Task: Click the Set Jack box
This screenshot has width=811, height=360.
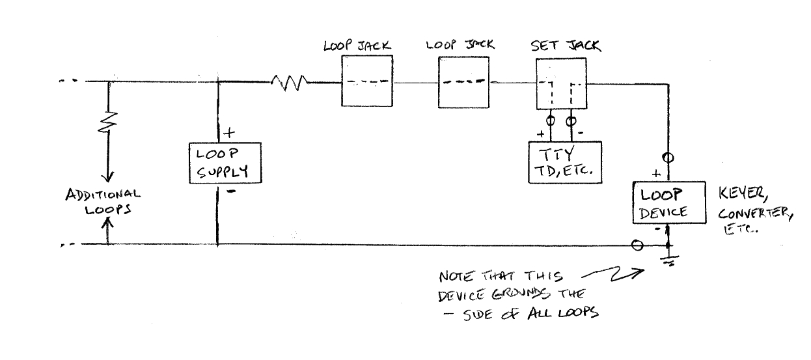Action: pyautogui.click(x=560, y=83)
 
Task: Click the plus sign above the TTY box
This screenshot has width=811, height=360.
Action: pyautogui.click(x=540, y=135)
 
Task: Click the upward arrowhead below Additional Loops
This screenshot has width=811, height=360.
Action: pyautogui.click(x=108, y=223)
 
